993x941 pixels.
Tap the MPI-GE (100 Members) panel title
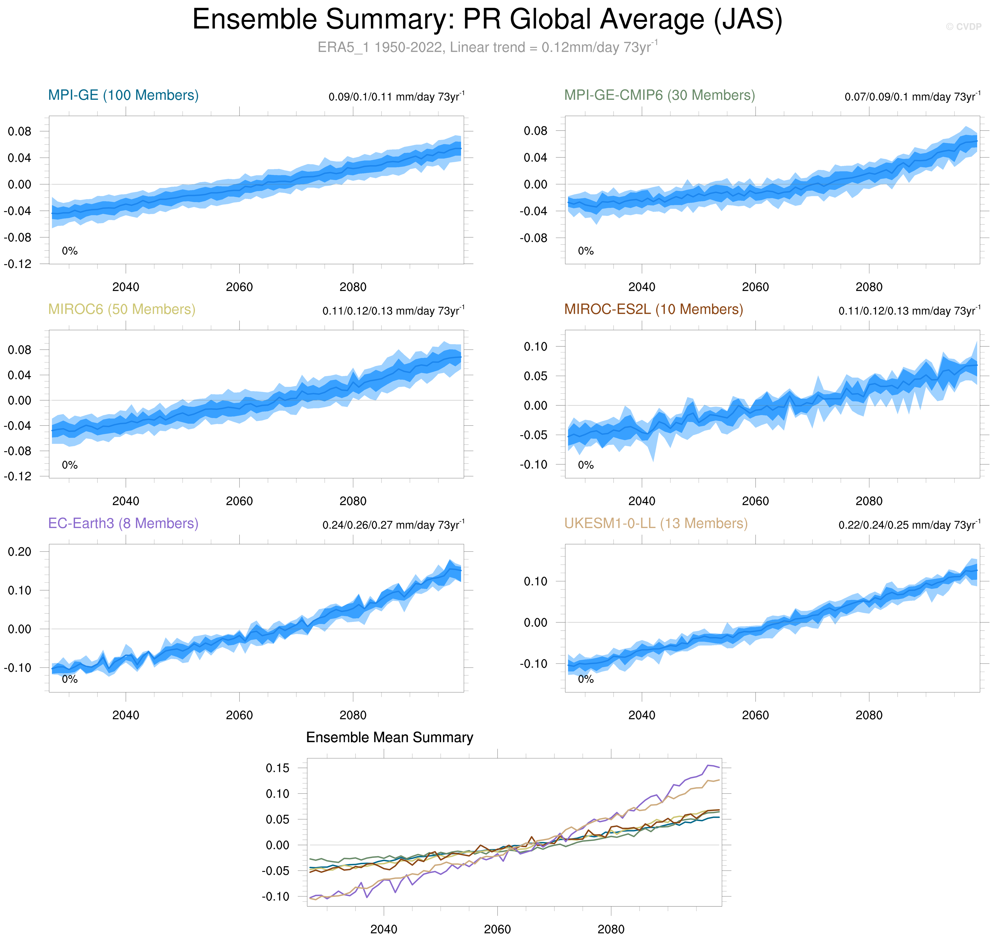click(x=123, y=95)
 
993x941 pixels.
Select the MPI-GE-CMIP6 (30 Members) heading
click(x=659, y=95)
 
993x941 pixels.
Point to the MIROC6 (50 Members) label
click(x=122, y=309)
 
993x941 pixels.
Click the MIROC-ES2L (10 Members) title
click(x=654, y=309)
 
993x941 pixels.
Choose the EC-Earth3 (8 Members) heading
click(x=123, y=524)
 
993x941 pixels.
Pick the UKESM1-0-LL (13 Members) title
click(x=656, y=524)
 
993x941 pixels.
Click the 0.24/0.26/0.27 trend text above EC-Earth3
click(x=393, y=525)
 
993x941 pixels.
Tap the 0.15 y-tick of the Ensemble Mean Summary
click(x=277, y=768)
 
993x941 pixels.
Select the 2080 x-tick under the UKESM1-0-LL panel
click(x=869, y=715)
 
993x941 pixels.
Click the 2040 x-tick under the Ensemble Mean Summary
click(x=384, y=929)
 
